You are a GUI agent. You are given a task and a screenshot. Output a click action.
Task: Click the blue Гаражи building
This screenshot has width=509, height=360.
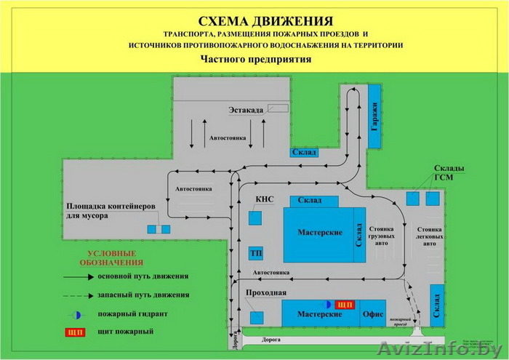pos(374,116)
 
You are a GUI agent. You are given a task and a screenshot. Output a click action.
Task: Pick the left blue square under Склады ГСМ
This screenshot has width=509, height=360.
pos(412,198)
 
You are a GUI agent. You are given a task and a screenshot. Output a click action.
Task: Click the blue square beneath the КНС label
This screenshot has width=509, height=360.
pos(256,217)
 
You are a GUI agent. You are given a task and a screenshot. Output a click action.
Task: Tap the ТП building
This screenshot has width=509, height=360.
pos(255,252)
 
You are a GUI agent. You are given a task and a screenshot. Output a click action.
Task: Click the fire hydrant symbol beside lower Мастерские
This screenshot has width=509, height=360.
pos(328,303)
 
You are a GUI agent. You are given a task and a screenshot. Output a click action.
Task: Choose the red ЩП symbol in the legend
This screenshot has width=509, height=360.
pos(74,332)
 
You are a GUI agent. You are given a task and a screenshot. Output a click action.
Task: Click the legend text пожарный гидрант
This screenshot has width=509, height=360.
pos(133,314)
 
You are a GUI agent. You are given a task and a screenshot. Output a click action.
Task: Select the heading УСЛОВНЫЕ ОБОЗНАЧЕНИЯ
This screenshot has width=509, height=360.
pos(111,257)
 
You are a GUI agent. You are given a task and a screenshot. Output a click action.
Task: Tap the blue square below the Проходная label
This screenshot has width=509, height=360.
pos(257,316)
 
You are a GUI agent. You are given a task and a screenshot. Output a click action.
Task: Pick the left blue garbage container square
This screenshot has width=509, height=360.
pos(153,229)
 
